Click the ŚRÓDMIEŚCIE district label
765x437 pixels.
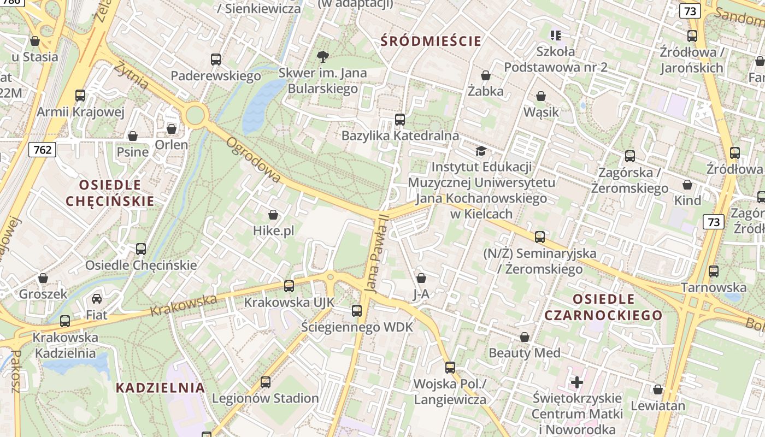coord(431,41)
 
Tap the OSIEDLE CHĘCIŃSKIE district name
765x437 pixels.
coord(110,193)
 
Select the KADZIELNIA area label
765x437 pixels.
coord(160,388)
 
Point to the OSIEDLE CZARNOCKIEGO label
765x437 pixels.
coord(603,307)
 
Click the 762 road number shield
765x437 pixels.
coord(43,149)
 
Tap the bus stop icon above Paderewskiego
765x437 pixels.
coord(216,60)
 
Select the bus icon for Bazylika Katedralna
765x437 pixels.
coord(400,119)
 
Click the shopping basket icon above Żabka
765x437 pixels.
coord(485,75)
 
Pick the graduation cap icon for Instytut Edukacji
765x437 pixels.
coord(481,151)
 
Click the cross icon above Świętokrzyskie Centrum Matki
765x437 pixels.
coord(576,382)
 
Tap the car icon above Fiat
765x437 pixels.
coord(97,299)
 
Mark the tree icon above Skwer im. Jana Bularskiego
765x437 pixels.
coord(323,56)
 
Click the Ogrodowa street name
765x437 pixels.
coord(254,160)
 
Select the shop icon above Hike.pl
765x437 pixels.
coord(273,215)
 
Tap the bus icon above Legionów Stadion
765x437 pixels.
coord(266,382)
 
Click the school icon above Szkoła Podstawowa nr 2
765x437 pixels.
coord(556,36)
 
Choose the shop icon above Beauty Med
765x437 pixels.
coord(525,337)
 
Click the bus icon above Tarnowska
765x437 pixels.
coord(713,271)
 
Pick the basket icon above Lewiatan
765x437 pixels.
coord(658,390)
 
